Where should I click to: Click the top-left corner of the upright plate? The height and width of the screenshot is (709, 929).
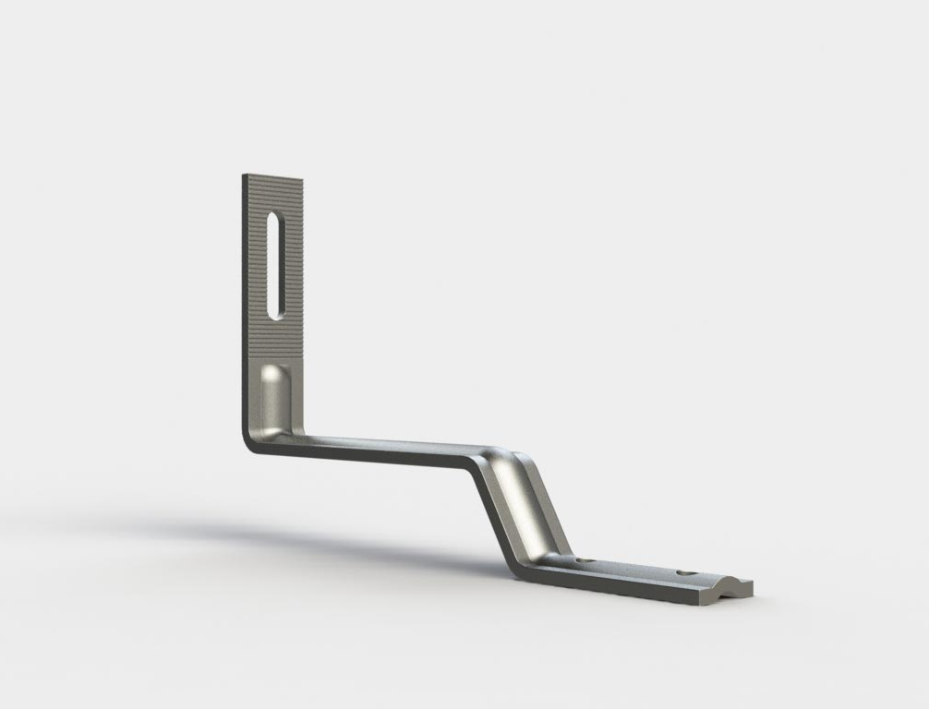click(x=245, y=174)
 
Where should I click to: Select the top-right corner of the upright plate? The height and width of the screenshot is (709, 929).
click(x=302, y=180)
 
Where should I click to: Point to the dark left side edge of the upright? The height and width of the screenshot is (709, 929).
click(x=247, y=305)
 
